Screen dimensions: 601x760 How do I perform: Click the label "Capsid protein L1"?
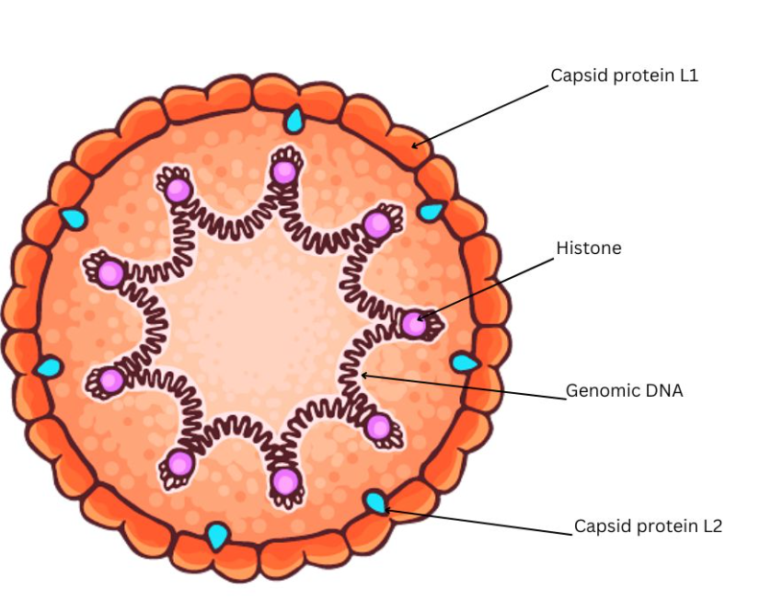pyautogui.click(x=624, y=75)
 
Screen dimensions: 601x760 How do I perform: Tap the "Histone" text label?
pyautogui.click(x=588, y=248)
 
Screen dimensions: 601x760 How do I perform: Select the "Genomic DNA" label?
pyautogui.click(x=624, y=390)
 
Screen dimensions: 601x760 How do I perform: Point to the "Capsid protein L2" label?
pyautogui.click(x=648, y=526)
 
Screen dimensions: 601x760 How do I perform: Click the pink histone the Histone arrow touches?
pyautogui.click(x=414, y=324)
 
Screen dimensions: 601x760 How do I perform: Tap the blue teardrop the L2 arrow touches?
pyautogui.click(x=375, y=503)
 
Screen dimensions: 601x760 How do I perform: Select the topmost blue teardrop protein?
pyautogui.click(x=294, y=120)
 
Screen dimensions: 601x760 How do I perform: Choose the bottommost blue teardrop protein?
pyautogui.click(x=217, y=535)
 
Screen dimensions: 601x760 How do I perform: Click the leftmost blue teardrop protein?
pyautogui.click(x=48, y=367)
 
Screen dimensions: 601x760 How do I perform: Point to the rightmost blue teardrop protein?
pyautogui.click(x=464, y=363)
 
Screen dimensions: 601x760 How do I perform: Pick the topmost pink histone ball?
pyautogui.click(x=285, y=171)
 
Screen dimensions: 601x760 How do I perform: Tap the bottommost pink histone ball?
pyautogui.click(x=285, y=481)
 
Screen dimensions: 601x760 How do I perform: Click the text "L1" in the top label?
pyautogui.click(x=688, y=75)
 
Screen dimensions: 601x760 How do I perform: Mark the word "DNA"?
pyautogui.click(x=664, y=390)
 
